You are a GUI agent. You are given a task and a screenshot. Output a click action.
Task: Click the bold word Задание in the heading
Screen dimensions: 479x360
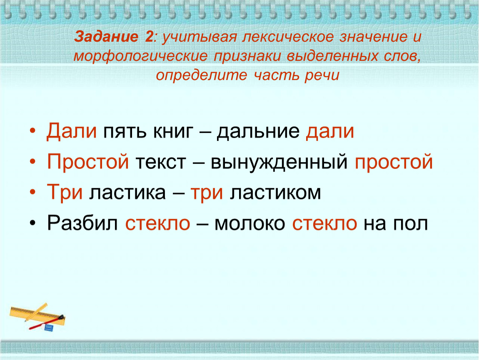click(x=106, y=37)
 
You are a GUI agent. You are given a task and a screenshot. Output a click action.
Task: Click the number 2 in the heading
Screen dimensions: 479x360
click(x=149, y=37)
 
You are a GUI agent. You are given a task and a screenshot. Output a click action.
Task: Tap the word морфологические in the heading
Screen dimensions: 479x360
click(x=140, y=56)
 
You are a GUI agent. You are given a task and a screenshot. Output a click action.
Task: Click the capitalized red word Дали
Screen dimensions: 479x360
click(x=72, y=131)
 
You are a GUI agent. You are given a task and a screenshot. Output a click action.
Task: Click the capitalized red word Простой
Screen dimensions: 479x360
click(x=88, y=162)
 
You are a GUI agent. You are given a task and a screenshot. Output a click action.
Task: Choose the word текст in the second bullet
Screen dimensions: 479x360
click(x=160, y=162)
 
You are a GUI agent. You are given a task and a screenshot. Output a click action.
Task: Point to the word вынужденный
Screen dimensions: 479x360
click(x=279, y=162)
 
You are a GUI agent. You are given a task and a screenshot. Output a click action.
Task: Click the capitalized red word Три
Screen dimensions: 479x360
click(x=65, y=192)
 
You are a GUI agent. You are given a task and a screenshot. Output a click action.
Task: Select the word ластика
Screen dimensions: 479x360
click(x=127, y=193)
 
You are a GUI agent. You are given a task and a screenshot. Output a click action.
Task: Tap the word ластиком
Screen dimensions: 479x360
click(x=275, y=193)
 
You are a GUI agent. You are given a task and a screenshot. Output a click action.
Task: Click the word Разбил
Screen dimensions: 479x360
click(x=82, y=223)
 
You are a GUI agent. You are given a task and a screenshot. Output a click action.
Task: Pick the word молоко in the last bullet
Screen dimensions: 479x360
click(x=250, y=224)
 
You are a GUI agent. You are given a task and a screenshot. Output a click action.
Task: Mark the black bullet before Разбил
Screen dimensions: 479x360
click(x=32, y=223)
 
